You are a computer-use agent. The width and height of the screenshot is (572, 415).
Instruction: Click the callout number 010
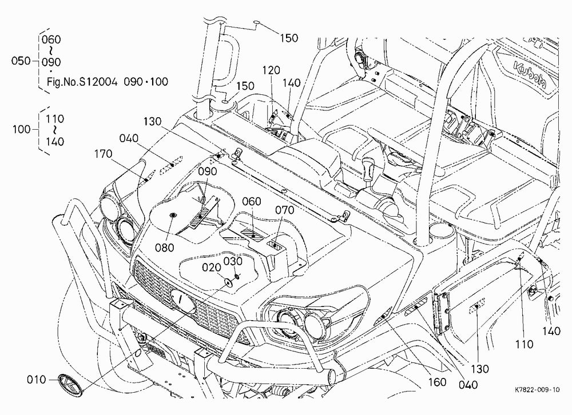37,380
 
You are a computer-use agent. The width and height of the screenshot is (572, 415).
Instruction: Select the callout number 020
212,268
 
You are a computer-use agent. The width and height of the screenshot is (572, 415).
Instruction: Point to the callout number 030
233,261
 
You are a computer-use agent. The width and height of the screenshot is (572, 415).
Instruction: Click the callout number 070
284,210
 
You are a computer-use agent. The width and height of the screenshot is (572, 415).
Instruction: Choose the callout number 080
165,248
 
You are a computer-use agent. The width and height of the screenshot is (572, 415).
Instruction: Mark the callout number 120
271,70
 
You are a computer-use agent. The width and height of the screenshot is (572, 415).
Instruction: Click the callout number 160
437,382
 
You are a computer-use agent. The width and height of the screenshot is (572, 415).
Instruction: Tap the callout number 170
103,154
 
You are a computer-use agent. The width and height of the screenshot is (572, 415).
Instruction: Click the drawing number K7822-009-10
537,390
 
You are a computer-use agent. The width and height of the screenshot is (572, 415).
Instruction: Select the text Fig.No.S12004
82,82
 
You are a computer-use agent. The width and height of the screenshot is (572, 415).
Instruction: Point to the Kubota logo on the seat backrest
530,75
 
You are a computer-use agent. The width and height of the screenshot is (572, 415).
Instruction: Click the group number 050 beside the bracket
21,61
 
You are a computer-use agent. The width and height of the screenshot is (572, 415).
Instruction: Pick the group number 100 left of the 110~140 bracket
22,129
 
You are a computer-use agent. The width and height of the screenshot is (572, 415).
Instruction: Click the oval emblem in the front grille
183,301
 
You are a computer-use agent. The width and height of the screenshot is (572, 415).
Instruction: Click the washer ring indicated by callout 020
229,282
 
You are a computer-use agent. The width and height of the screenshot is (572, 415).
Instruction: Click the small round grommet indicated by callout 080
173,216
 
